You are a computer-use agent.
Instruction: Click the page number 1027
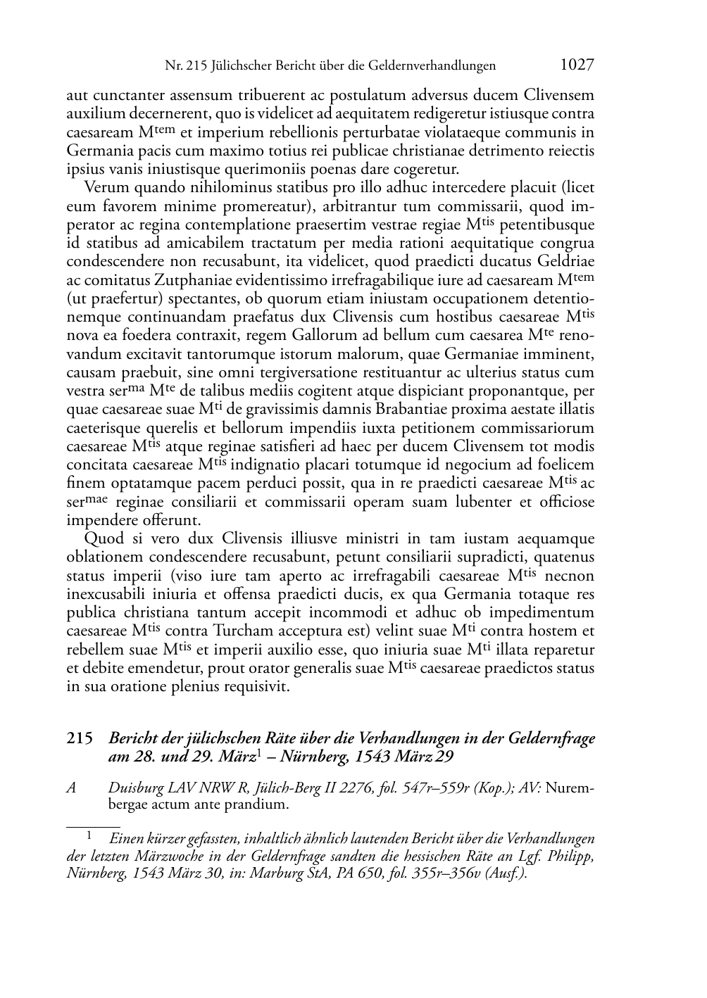coord(577,65)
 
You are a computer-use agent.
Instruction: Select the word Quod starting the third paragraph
coord(103,539)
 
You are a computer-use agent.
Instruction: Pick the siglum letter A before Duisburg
coord(71,789)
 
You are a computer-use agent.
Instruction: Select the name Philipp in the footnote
coord(571,857)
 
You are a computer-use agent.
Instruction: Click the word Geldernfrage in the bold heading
coord(550,739)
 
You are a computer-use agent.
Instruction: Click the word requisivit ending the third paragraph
coord(256,687)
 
